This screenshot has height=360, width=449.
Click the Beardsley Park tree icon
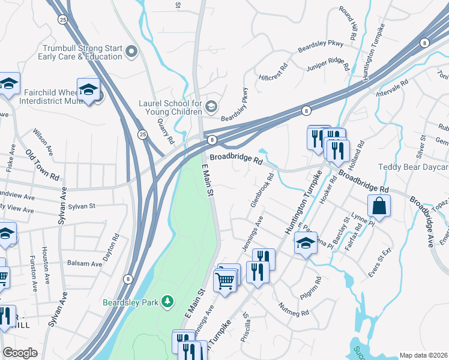click(x=169, y=300)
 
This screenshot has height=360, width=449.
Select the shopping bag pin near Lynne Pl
click(x=381, y=206)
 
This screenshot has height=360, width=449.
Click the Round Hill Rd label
click(x=349, y=22)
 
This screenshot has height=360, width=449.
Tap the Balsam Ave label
click(x=85, y=263)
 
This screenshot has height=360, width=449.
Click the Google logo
click(x=20, y=353)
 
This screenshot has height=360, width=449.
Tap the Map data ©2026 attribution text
click(x=423, y=355)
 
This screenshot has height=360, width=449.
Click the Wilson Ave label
click(x=43, y=142)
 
